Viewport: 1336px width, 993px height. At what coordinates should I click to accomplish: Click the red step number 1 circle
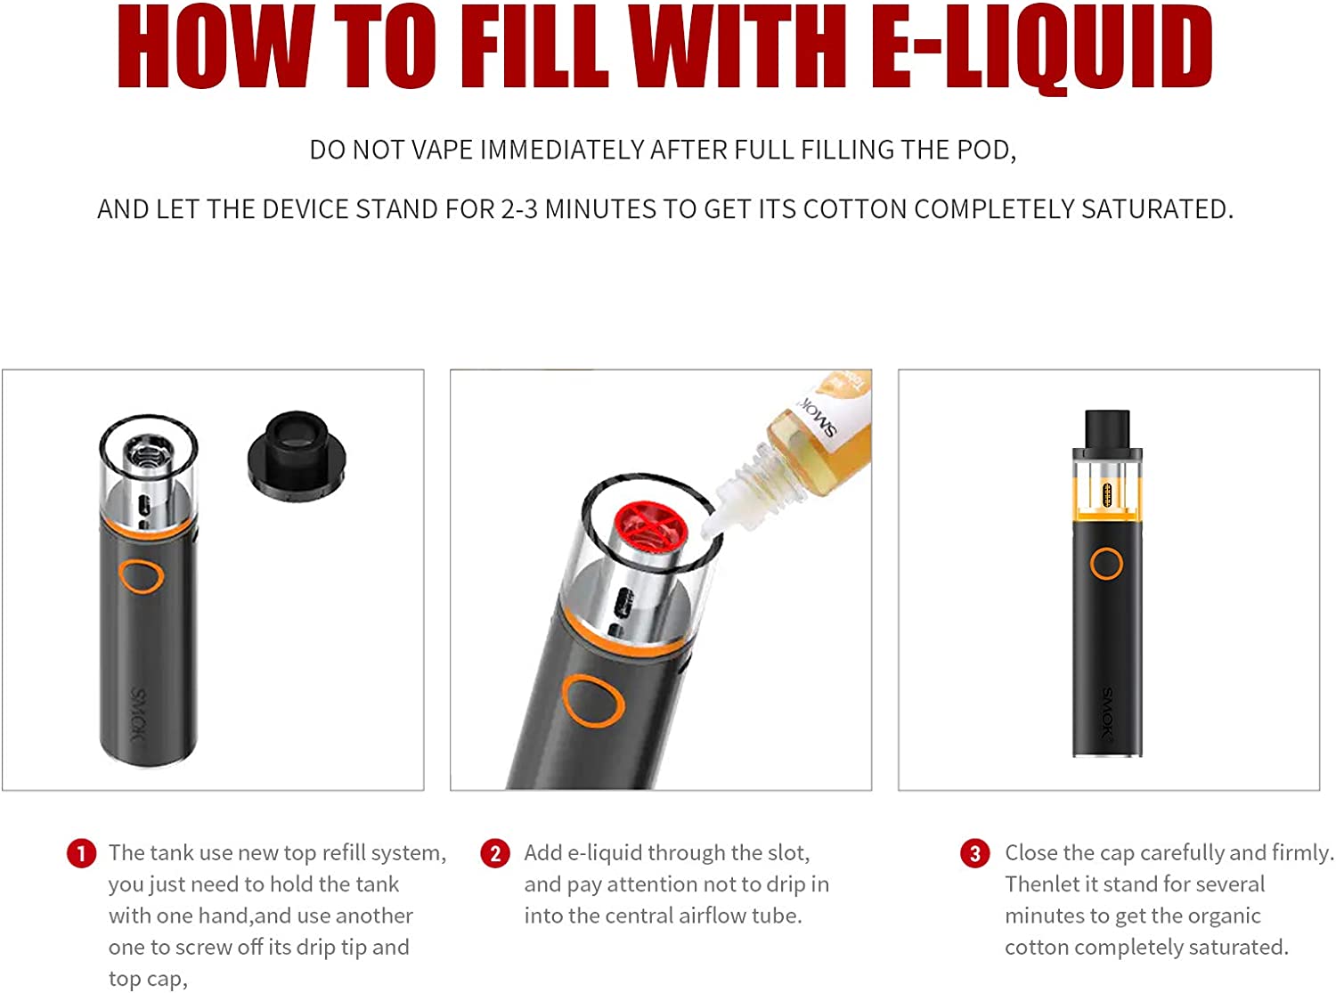(81, 853)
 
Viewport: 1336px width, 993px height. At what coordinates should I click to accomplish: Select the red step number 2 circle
(495, 853)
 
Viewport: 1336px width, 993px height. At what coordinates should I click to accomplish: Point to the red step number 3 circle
(974, 853)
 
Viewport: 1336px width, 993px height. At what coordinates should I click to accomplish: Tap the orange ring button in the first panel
(142, 576)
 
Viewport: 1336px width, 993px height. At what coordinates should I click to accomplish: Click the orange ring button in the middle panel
(592, 700)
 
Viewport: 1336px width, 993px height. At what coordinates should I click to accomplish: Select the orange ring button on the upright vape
(1106, 564)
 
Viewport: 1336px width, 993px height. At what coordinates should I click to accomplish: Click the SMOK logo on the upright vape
(1106, 712)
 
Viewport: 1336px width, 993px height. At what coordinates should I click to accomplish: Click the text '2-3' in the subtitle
(519, 209)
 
